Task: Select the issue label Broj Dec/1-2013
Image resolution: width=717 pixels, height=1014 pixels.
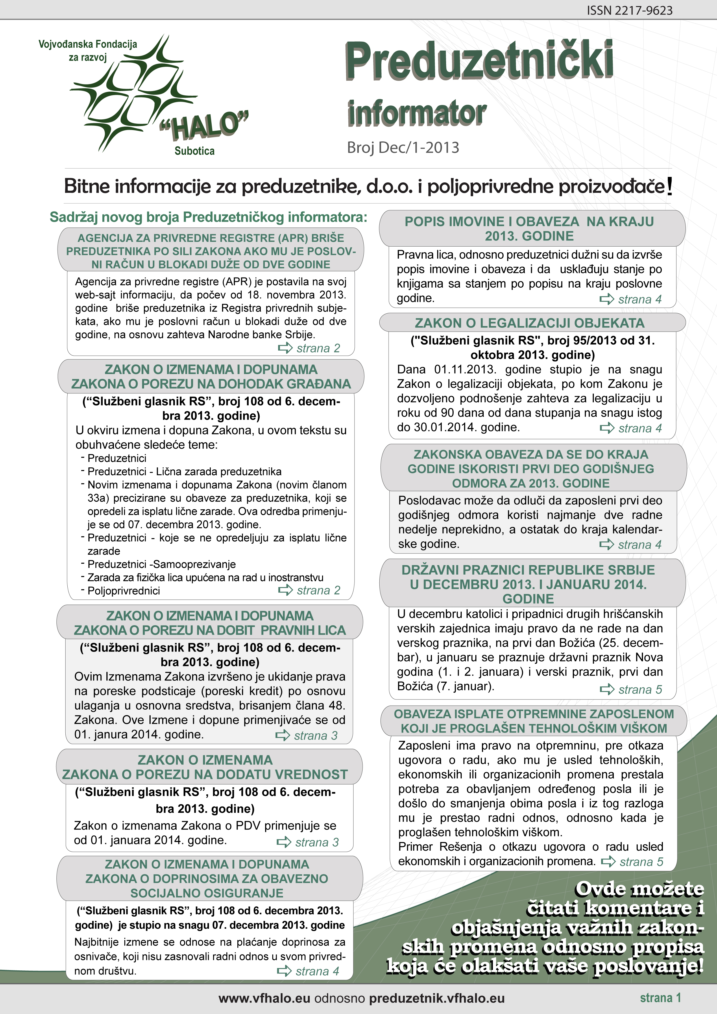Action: click(x=403, y=147)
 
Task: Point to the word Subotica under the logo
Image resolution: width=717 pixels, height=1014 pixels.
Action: click(x=194, y=151)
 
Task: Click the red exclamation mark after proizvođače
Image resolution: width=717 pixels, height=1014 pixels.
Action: click(x=670, y=186)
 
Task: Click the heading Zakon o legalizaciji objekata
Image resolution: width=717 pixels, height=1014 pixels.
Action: click(x=530, y=323)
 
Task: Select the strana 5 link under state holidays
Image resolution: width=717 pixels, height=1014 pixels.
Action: click(x=640, y=689)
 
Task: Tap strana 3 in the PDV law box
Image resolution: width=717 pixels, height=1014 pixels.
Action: click(x=316, y=842)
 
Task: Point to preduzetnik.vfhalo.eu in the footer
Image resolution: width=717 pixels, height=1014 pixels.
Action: click(x=437, y=999)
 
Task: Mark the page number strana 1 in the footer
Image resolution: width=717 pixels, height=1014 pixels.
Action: click(x=660, y=998)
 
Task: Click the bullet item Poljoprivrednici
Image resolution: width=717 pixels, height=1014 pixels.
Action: click(x=124, y=591)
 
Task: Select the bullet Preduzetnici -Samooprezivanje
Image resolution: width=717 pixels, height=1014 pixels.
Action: click(x=161, y=565)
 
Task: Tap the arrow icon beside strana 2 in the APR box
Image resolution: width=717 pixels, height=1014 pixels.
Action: click(x=285, y=348)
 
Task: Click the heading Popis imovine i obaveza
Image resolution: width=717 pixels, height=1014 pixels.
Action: click(x=529, y=229)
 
